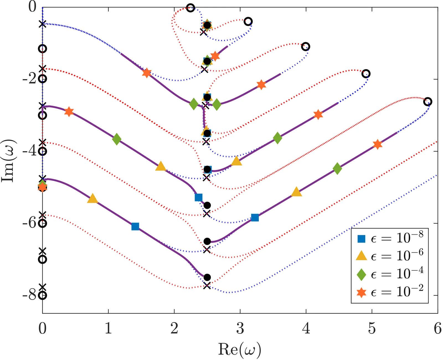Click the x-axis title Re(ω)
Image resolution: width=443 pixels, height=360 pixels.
pos(239,349)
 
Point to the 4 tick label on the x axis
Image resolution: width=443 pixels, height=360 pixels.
pos(306,328)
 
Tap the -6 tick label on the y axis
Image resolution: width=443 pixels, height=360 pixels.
pos(29,223)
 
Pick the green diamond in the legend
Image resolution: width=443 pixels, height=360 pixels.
pos(361,274)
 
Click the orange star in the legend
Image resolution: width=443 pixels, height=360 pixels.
pos(361,292)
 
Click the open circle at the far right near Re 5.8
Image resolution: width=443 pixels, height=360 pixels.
pos(427,102)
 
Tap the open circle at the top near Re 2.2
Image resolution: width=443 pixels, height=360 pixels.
pos(190,8)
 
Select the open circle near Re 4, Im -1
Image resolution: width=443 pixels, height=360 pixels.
pos(305,46)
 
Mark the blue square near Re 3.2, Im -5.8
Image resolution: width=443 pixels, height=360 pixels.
pos(255,218)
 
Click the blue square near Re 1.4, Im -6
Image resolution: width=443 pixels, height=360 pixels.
pos(135,227)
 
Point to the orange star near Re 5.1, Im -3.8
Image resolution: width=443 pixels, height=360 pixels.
pos(377,144)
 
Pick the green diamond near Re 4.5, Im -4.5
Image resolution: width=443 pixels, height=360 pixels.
pos(337,168)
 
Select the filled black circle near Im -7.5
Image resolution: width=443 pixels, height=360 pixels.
pos(207,277)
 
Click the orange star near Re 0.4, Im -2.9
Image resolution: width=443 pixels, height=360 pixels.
pos(69,112)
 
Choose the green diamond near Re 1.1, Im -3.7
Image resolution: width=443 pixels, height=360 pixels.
pos(117,139)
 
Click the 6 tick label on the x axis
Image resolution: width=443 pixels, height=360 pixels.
pos(437,328)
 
